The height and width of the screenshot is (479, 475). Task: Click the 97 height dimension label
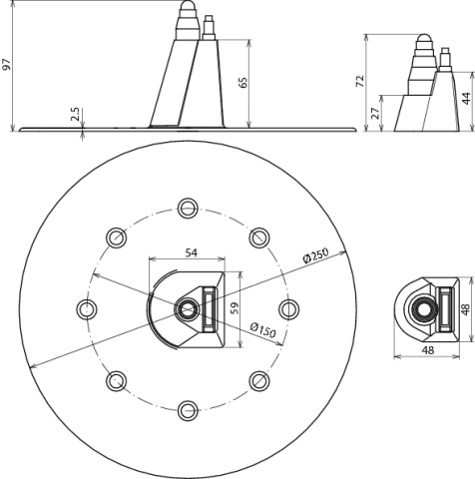(7, 65)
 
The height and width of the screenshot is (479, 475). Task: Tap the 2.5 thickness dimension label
(75, 114)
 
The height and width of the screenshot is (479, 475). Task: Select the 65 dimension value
(243, 83)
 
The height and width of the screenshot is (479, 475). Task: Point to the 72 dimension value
(360, 82)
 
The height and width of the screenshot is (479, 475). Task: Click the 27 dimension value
(375, 114)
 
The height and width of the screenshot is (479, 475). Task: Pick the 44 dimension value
(467, 99)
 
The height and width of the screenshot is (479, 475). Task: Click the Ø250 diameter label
(315, 255)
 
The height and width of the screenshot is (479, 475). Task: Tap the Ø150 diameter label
(262, 330)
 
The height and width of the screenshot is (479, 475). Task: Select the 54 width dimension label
(191, 252)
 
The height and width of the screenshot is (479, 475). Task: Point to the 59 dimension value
(235, 308)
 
